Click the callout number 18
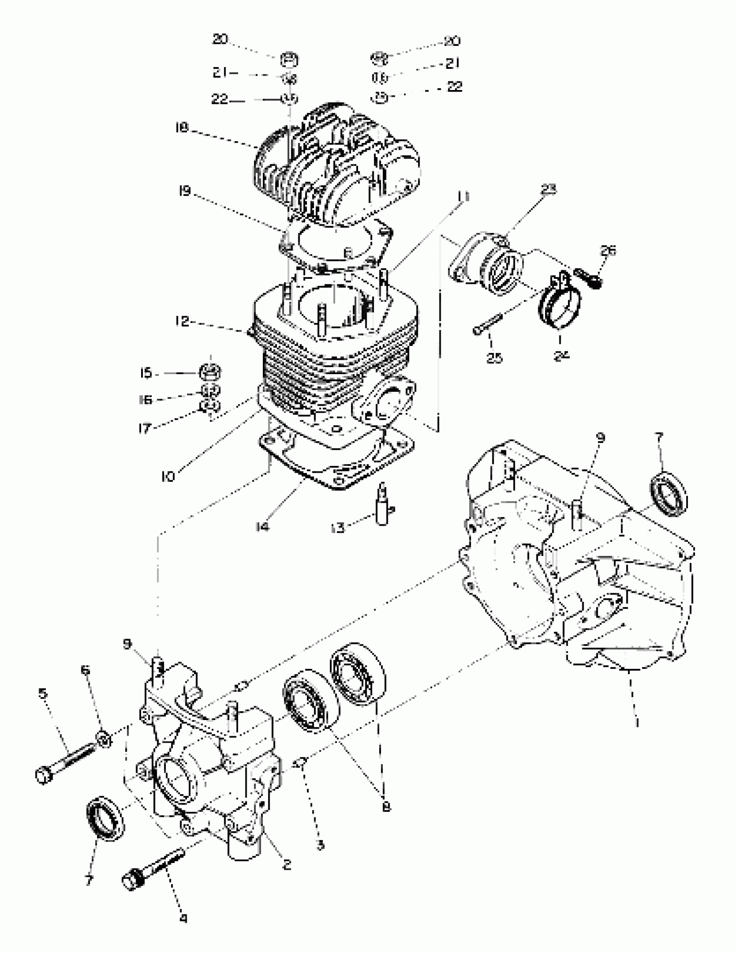coord(181,127)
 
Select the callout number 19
coord(185,191)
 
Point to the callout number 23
coord(549,189)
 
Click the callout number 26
coord(608,251)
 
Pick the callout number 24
coord(562,355)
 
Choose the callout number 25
coord(494,357)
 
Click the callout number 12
coord(183,322)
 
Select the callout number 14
coord(262,527)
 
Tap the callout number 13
coord(338,528)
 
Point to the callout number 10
coord(168,476)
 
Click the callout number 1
coord(637,722)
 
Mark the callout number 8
coord(386,807)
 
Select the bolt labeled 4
coord(153,867)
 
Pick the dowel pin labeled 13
coord(382,508)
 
